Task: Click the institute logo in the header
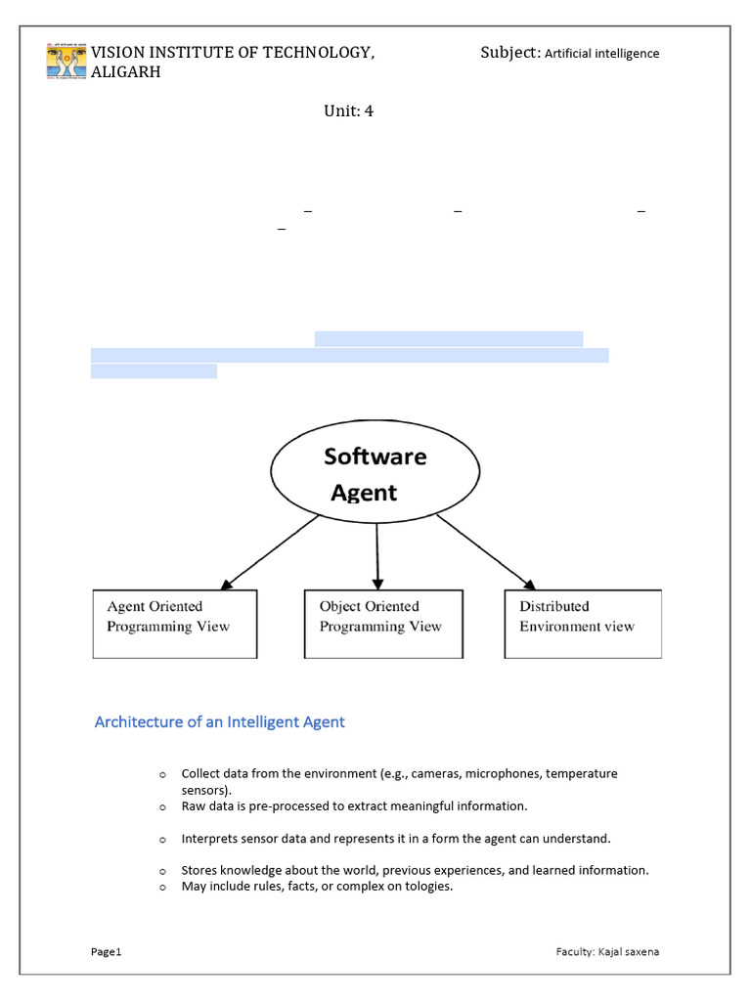pos(66,61)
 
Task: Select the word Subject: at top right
pos(509,52)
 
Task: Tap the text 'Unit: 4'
pos(348,110)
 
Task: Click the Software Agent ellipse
pos(375,473)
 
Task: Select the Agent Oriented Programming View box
pos(175,624)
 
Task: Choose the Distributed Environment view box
pos(583,624)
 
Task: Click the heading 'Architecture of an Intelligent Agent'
pos(219,722)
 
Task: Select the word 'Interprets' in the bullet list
pos(210,839)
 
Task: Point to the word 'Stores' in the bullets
pos(200,870)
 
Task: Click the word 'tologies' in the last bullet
pos(428,888)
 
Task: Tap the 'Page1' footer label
pos(106,951)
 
